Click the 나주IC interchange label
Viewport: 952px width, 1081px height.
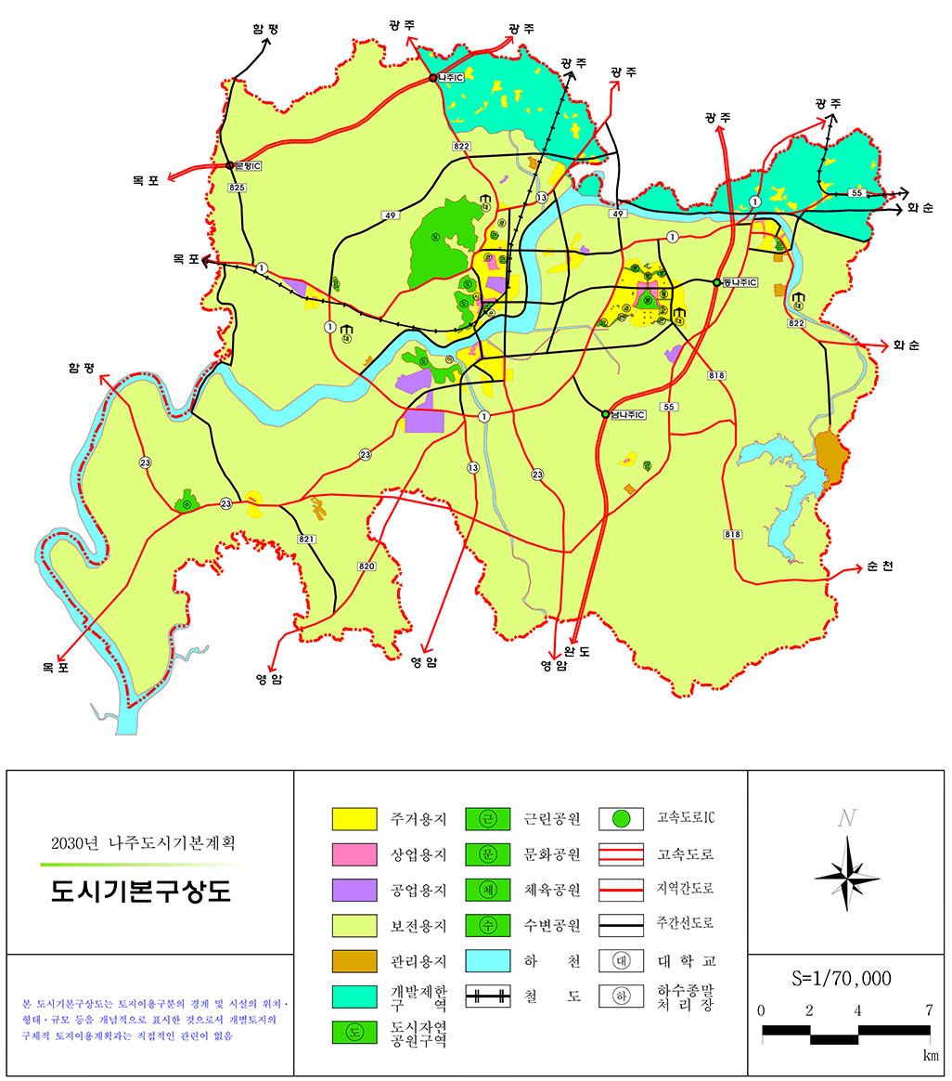point(452,78)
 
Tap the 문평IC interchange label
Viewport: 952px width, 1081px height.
point(249,165)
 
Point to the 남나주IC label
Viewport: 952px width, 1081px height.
point(628,414)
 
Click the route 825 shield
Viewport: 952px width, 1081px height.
point(238,188)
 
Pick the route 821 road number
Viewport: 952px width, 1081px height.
point(307,540)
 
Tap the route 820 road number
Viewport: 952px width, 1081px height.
point(366,566)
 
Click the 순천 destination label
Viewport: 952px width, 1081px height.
point(881,567)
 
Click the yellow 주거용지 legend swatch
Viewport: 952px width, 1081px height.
point(354,819)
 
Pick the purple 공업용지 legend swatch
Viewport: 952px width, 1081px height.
point(354,890)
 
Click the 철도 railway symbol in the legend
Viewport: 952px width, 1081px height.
point(489,996)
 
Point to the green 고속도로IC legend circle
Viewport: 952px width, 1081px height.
point(623,819)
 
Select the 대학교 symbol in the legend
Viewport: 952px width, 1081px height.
point(623,960)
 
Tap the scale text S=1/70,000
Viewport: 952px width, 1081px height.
point(843,979)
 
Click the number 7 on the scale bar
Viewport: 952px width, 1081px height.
point(929,1010)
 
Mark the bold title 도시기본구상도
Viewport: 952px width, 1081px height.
point(141,892)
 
